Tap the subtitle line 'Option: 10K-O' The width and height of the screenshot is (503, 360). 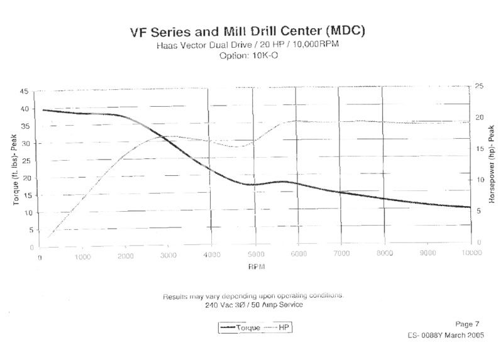(248, 55)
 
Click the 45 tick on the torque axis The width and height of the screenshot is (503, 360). (25, 92)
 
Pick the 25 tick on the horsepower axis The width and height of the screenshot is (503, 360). (480, 86)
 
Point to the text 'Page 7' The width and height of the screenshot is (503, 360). (467, 324)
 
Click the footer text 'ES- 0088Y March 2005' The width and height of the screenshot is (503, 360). (445, 336)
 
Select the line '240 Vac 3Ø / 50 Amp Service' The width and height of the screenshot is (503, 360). (253, 305)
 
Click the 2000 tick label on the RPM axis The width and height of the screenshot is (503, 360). (125, 255)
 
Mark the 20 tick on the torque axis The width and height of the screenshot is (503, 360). (25, 178)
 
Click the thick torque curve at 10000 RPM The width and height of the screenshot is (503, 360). (469, 207)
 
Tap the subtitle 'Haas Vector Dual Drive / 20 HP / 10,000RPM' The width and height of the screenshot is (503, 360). (248, 45)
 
